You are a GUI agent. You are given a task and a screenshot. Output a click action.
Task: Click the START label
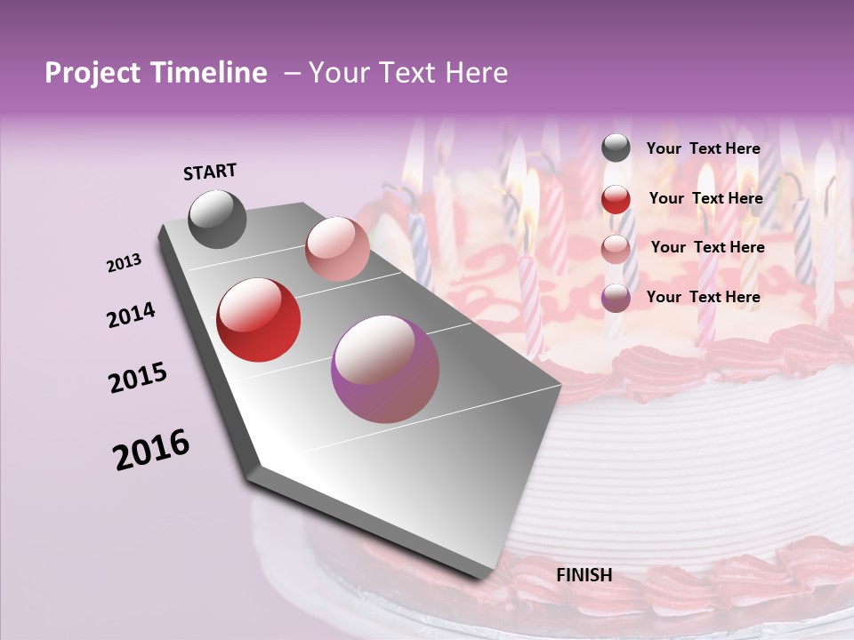pyautogui.click(x=210, y=172)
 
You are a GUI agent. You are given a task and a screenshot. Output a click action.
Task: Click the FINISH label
pyautogui.click(x=584, y=575)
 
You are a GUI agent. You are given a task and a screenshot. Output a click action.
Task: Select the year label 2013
pyautogui.click(x=125, y=263)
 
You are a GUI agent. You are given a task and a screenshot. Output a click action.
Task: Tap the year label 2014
pyautogui.click(x=131, y=315)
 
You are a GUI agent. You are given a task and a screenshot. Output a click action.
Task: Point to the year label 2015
pyautogui.click(x=138, y=378)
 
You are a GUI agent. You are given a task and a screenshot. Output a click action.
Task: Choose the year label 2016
pyautogui.click(x=151, y=450)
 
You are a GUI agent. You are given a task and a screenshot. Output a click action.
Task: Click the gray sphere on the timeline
pyautogui.click(x=218, y=219)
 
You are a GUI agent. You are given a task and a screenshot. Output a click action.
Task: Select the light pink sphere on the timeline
pyautogui.click(x=337, y=249)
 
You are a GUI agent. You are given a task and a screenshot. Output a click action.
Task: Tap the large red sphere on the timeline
pyautogui.click(x=259, y=320)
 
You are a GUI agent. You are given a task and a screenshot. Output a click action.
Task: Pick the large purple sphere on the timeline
pyautogui.click(x=385, y=370)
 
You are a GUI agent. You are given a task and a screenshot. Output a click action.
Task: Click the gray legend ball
pyautogui.click(x=616, y=148)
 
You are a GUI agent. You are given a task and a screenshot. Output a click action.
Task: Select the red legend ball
pyautogui.click(x=616, y=199)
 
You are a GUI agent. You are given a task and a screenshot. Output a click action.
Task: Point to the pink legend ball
pyautogui.click(x=616, y=249)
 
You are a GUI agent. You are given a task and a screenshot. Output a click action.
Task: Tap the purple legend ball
pyautogui.click(x=616, y=298)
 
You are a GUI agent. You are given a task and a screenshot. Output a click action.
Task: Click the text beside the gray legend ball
pyautogui.click(x=704, y=148)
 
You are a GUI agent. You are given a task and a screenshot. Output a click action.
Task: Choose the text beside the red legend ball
pyautogui.click(x=706, y=198)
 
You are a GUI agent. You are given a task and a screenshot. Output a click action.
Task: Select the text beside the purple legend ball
pyautogui.click(x=704, y=297)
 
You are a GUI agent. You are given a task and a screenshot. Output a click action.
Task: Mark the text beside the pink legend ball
pyautogui.click(x=708, y=247)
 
